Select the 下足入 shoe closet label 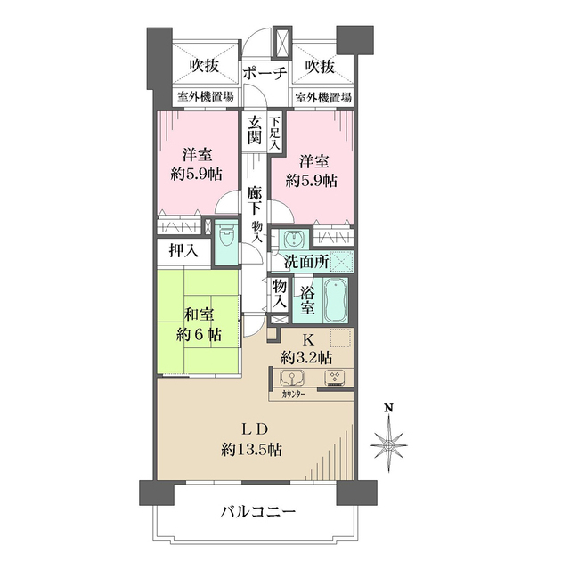tap(275, 133)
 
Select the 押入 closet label tap(184, 252)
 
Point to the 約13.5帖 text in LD tap(252, 450)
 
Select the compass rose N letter tap(388, 409)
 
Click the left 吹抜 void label tap(204, 66)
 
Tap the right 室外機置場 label tap(322, 97)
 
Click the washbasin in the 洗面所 tap(292, 240)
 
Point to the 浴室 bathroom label tap(306, 299)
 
